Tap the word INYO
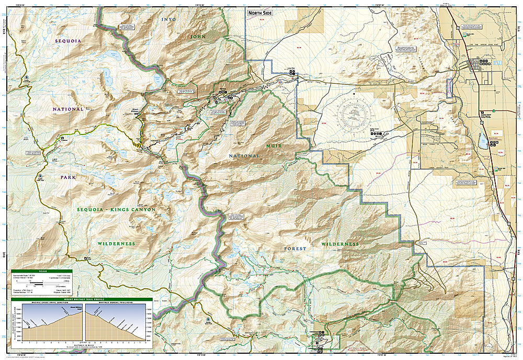tap(169, 19)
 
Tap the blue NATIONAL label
tap(68, 109)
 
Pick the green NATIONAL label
tap(244, 156)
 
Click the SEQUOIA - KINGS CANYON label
tap(117, 209)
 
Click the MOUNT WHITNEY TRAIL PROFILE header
tap(82, 300)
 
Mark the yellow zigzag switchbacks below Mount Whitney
tap(138, 141)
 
